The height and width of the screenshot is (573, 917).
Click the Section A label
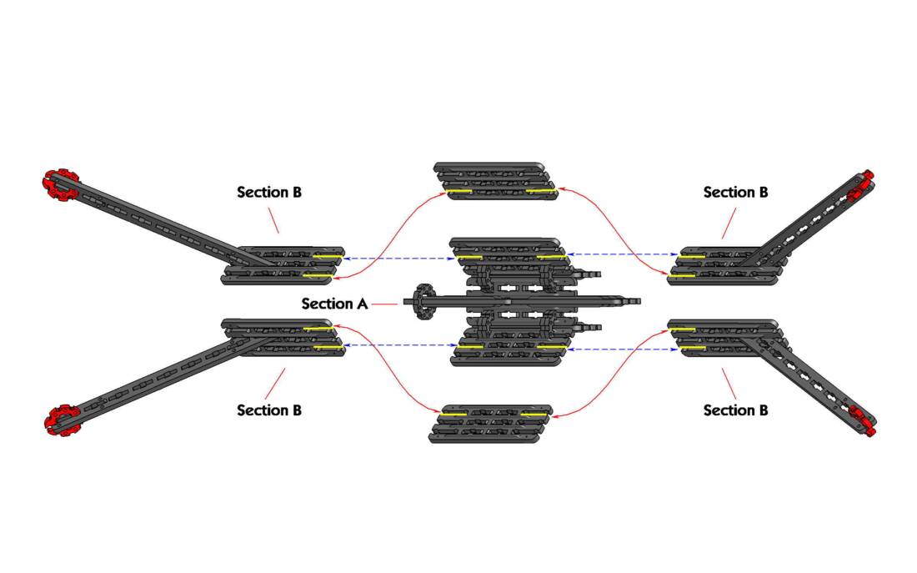pyautogui.click(x=334, y=304)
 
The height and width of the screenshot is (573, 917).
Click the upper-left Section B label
pyautogui.click(x=269, y=192)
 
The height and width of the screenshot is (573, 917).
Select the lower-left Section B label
pyautogui.click(x=269, y=410)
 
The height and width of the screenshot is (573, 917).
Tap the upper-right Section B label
pyautogui.click(x=735, y=192)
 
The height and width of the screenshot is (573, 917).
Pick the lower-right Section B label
pyautogui.click(x=735, y=410)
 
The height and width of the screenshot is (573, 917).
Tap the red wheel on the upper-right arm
pyautogui.click(x=862, y=185)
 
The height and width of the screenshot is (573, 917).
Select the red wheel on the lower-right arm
pyautogui.click(x=864, y=421)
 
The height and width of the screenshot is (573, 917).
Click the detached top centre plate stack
pyautogui.click(x=495, y=181)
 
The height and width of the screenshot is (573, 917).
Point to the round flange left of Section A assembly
pyautogui.click(x=422, y=303)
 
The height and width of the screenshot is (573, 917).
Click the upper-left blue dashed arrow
pyautogui.click(x=398, y=258)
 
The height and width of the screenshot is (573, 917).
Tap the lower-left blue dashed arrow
pyautogui.click(x=398, y=345)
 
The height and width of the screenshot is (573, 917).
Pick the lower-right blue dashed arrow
pyautogui.click(x=622, y=349)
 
